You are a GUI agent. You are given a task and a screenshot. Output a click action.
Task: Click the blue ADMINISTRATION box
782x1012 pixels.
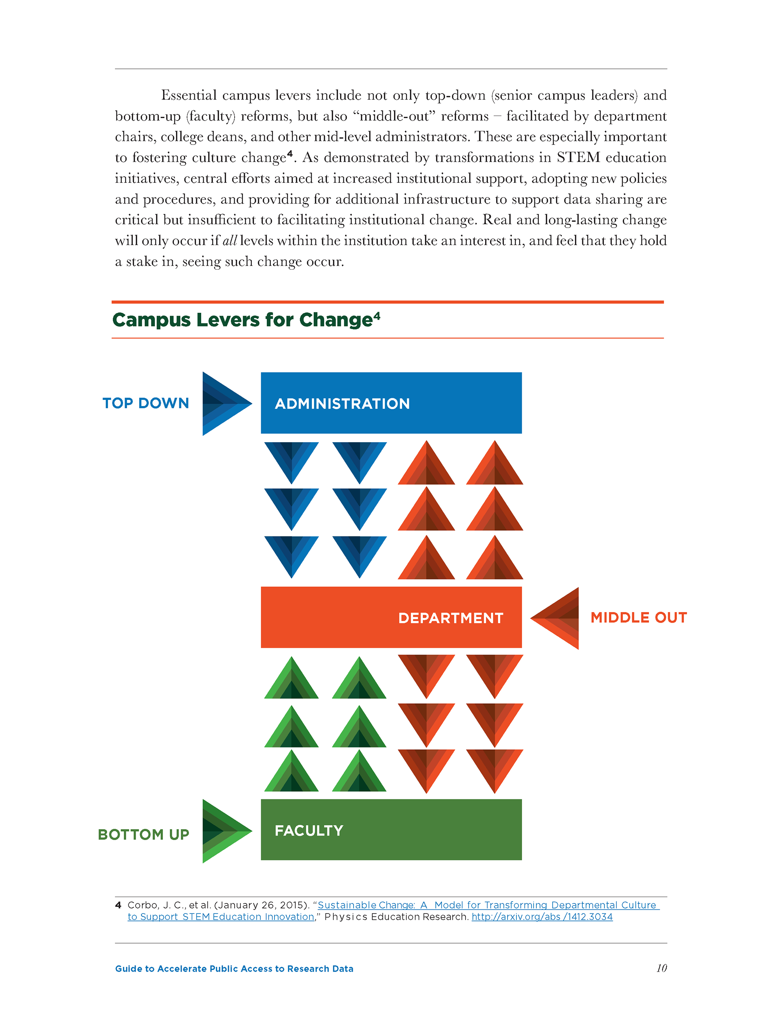point(391,403)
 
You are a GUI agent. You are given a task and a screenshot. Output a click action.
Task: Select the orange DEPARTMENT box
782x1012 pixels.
point(391,617)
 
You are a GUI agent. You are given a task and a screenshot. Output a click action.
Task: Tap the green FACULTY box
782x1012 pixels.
point(391,830)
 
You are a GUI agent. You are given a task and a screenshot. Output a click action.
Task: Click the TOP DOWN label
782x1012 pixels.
point(145,403)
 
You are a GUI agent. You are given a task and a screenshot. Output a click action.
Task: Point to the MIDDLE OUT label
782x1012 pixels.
point(638,618)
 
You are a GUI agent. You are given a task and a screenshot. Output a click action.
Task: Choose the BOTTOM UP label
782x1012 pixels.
point(144,834)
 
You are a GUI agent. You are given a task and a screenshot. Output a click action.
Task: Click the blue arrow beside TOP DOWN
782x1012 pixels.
point(224,404)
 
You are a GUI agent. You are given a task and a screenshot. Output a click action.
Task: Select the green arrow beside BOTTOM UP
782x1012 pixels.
point(224,831)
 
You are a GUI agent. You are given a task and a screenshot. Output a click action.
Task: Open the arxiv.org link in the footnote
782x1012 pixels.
point(542,917)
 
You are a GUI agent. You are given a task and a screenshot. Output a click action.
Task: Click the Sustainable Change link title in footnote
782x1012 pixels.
point(487,905)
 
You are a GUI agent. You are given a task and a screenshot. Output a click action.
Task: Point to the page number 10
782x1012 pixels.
point(661,968)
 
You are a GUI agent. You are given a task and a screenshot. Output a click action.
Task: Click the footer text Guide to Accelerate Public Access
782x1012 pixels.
point(234,968)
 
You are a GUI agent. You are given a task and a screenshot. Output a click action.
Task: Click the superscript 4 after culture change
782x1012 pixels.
point(290,154)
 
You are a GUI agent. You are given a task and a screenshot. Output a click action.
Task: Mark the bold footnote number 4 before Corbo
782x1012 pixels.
point(118,905)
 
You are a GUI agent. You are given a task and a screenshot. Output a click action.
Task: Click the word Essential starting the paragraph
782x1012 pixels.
point(189,95)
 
